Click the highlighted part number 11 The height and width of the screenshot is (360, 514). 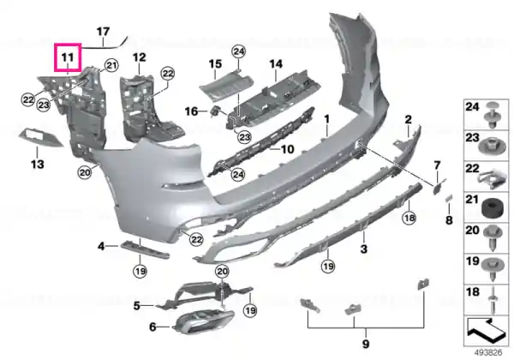pyautogui.click(x=68, y=57)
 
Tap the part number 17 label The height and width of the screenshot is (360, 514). pyautogui.click(x=103, y=32)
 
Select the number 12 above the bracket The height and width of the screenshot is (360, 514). pyautogui.click(x=140, y=57)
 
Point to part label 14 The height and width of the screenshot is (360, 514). pyautogui.click(x=276, y=63)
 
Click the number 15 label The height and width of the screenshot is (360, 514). pyautogui.click(x=215, y=63)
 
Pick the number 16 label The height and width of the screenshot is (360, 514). pyautogui.click(x=191, y=111)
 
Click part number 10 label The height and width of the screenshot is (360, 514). pyautogui.click(x=288, y=149)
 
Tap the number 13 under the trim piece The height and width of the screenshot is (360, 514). pyautogui.click(x=38, y=164)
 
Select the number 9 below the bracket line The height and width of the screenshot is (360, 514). pyautogui.click(x=366, y=344)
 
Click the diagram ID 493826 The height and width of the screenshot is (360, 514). pyautogui.click(x=488, y=353)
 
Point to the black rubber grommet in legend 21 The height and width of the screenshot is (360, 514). pyautogui.click(x=493, y=209)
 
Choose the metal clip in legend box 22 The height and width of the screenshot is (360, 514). pyautogui.click(x=493, y=180)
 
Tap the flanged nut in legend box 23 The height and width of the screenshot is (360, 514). pyautogui.click(x=492, y=147)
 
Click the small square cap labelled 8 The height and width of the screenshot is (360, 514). pyautogui.click(x=449, y=198)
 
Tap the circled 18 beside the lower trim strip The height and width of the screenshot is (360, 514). pyautogui.click(x=409, y=218)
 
